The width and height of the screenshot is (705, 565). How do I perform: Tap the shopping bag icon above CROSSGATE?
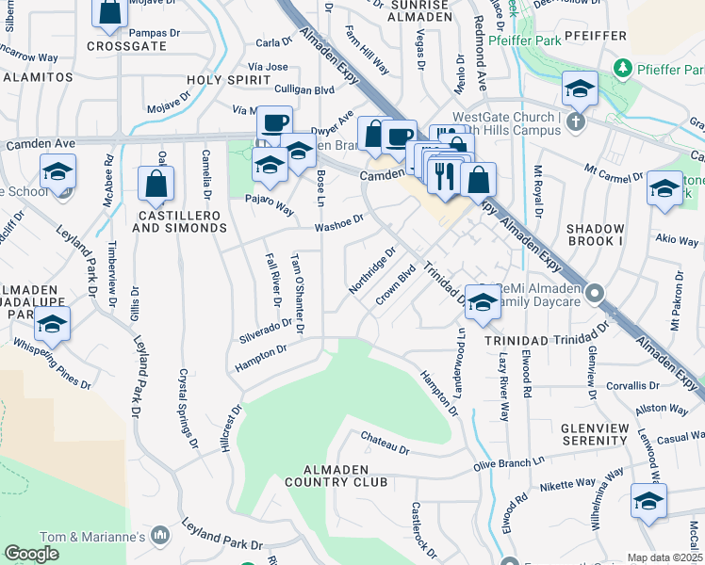point(110,12)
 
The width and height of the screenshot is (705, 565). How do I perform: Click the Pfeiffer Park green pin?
point(621,68)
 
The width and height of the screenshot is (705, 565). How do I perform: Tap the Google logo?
point(31,554)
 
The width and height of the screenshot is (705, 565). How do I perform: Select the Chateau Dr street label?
point(385,442)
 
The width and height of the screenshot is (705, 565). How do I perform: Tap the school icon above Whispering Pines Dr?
point(53,326)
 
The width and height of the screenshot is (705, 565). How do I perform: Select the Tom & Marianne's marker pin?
point(160,536)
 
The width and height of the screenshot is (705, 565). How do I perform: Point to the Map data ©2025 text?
point(665,557)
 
